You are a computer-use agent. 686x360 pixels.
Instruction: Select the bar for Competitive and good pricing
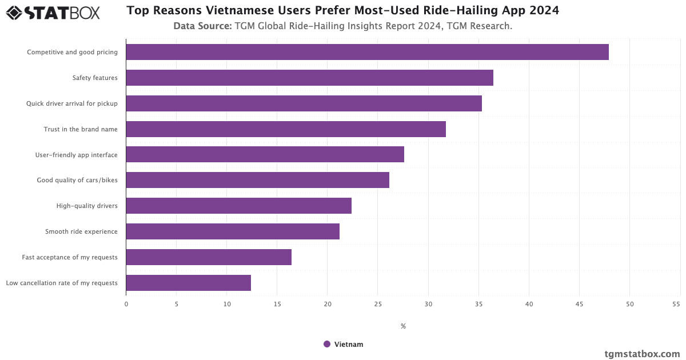[x=367, y=52]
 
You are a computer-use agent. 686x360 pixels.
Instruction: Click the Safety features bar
[x=309, y=78]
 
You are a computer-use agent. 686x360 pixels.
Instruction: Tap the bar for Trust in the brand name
[x=286, y=129]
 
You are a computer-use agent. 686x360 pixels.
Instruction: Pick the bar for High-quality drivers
[x=238, y=206]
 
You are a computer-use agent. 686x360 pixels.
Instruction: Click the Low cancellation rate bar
[x=188, y=283]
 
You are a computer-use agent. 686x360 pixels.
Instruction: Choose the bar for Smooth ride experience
[x=233, y=231]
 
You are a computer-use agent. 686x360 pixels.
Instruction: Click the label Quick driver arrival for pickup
[x=72, y=103]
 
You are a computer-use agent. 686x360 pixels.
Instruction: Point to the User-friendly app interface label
[x=77, y=155]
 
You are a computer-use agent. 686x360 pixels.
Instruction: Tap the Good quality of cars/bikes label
[x=77, y=181]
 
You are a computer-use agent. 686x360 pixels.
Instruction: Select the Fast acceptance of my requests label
[x=70, y=257]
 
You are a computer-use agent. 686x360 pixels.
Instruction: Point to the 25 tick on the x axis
[x=378, y=304]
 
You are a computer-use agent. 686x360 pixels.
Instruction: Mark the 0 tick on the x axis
[x=126, y=304]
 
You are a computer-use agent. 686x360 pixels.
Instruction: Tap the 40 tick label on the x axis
[x=529, y=304]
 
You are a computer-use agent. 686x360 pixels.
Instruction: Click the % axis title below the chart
[x=403, y=326]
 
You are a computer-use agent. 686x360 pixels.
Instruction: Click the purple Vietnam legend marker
[x=327, y=344]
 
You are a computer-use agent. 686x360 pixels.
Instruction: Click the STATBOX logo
[x=53, y=12]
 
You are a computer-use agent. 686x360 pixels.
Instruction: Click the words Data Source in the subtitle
[x=202, y=26]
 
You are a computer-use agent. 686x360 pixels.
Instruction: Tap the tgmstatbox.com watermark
[x=642, y=354]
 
